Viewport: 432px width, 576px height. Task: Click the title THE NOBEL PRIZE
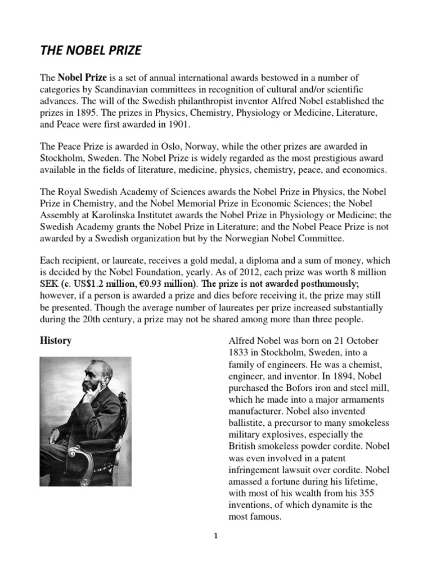click(90, 51)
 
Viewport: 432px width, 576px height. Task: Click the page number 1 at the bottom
click(215, 536)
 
